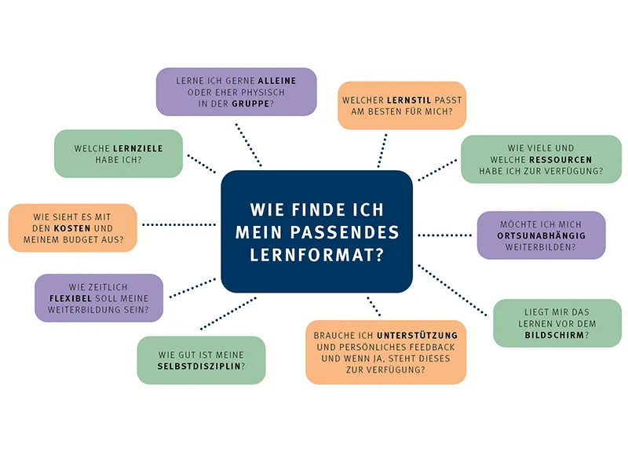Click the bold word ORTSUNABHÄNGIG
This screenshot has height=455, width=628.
click(541, 235)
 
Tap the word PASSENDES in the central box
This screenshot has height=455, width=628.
click(355, 233)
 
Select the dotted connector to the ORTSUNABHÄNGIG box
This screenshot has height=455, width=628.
click(444, 235)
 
